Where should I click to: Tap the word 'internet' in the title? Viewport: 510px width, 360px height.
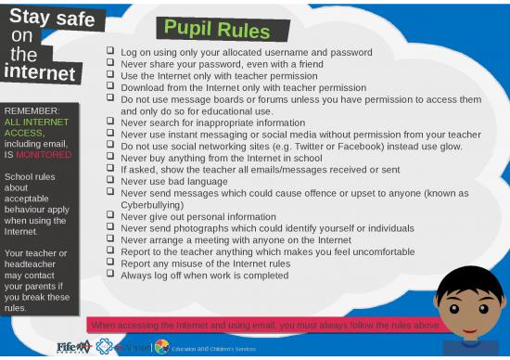tap(39, 71)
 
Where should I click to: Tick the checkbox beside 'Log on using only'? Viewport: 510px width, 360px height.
tap(110, 52)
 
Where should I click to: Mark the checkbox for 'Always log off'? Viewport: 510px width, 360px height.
tap(110, 275)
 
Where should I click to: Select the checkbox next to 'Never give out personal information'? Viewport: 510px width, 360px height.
tap(110, 216)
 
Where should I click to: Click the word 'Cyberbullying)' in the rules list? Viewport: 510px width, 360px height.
tap(152, 205)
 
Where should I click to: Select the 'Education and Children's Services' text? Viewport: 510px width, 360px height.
tap(213, 349)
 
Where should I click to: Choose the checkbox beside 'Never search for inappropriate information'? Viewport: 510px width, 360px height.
tap(110, 121)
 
